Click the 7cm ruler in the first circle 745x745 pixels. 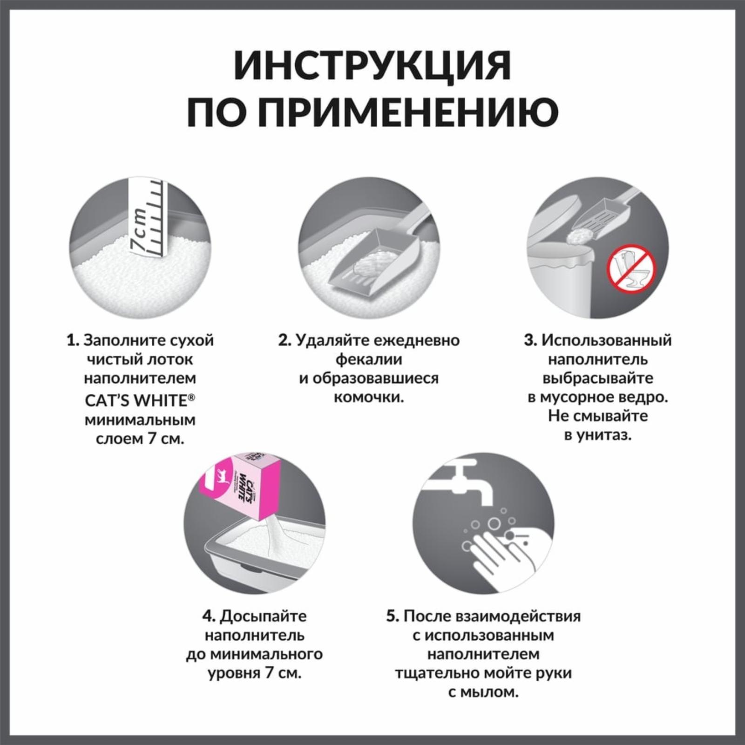click(x=149, y=217)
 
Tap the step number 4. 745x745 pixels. click(x=208, y=616)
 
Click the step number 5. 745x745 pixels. click(x=393, y=616)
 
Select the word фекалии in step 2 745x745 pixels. click(x=369, y=359)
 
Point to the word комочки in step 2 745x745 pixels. click(x=368, y=398)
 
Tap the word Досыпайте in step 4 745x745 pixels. click(x=263, y=616)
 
